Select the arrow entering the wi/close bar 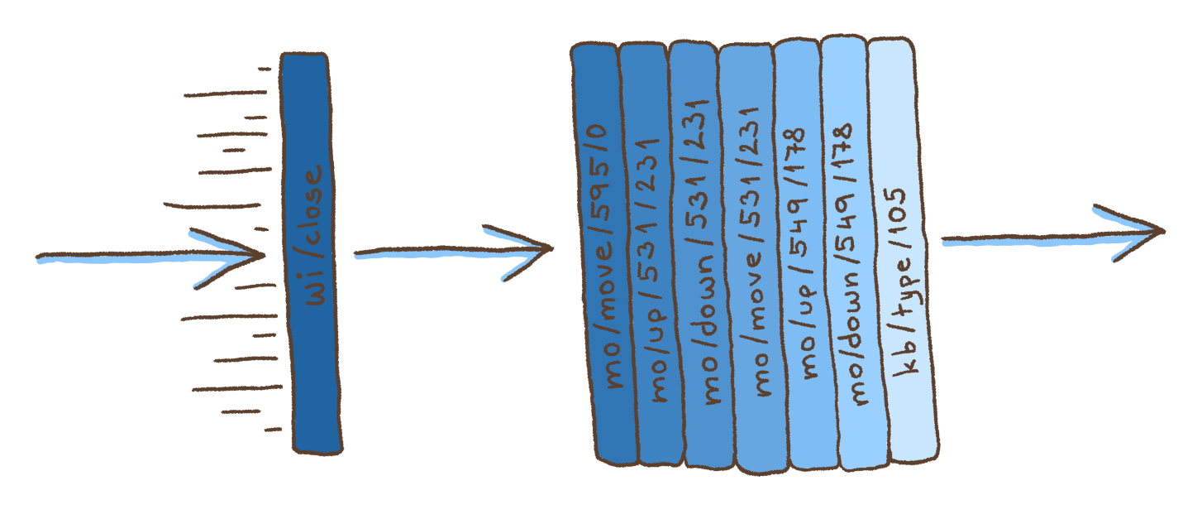149,256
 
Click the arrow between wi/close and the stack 452,248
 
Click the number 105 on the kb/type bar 896,207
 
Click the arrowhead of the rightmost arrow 1145,230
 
